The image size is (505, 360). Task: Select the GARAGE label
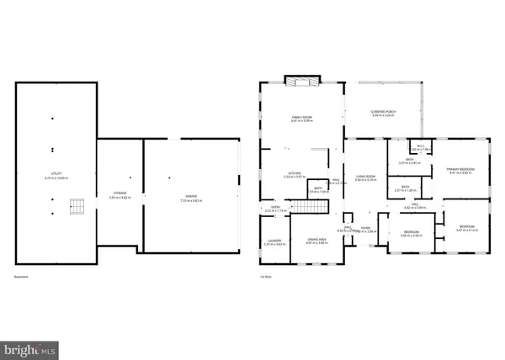click(x=190, y=195)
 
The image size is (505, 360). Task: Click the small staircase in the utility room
click(x=77, y=205)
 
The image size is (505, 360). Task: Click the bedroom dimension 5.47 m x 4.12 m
click(x=466, y=230)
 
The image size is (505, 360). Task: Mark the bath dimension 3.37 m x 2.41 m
click(x=408, y=162)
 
